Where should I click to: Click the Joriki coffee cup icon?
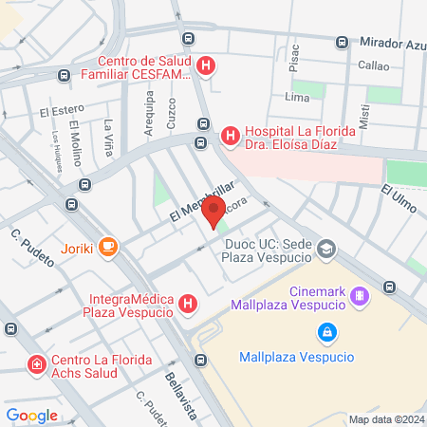click(108, 248)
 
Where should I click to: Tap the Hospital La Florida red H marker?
click(229, 137)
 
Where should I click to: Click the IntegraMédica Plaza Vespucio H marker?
click(189, 304)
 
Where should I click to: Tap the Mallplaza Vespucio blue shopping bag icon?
click(327, 332)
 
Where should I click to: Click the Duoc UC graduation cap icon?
click(327, 250)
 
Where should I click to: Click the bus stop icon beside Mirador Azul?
click(343, 42)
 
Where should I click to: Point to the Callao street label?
click(373, 65)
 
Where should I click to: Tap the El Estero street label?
click(62, 110)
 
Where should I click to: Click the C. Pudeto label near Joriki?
click(29, 245)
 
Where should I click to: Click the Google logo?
click(31, 415)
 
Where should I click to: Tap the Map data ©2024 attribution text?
click(385, 418)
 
